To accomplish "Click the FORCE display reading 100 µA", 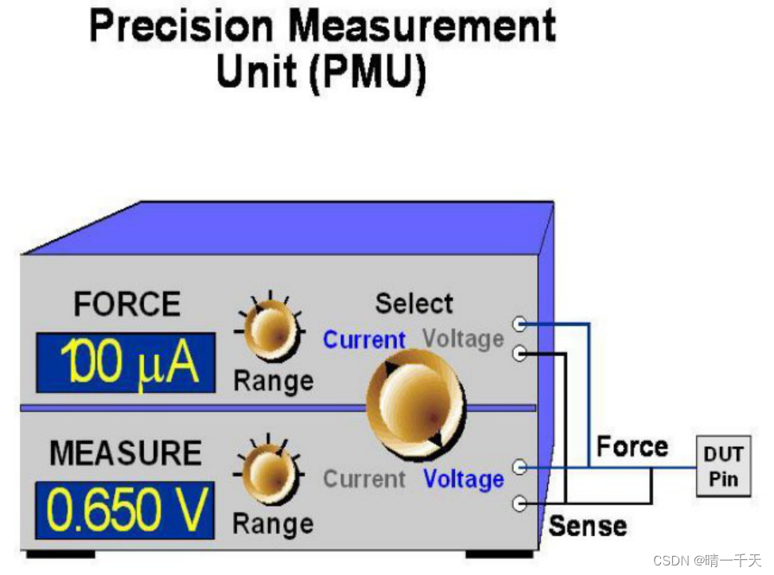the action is [126, 363].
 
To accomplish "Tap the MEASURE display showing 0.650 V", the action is [125, 510].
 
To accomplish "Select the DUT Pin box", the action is [723, 466].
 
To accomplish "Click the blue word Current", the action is [364, 340].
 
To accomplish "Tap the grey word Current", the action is [364, 480].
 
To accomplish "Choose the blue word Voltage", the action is [464, 480].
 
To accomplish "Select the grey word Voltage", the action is [464, 340].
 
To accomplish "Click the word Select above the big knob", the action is [414, 304].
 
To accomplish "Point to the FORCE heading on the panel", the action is [126, 305].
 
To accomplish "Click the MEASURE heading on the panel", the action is [126, 453].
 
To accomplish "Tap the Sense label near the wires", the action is [588, 526].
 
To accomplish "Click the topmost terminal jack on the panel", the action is [520, 324].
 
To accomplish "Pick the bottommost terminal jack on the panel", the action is [520, 503].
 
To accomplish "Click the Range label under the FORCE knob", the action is [273, 381].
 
